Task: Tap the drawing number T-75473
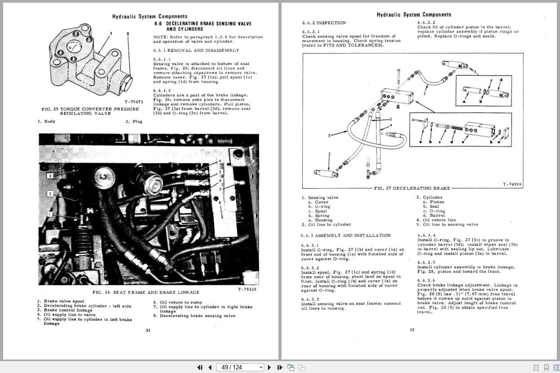[x=134, y=102]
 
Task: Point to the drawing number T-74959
[x=512, y=184]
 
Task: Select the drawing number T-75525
[x=247, y=289]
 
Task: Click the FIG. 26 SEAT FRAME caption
[x=145, y=292]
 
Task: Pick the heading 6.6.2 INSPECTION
[x=324, y=23]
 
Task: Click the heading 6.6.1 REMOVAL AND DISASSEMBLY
[x=196, y=50]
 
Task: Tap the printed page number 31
[x=148, y=330]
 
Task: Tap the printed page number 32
[x=412, y=330]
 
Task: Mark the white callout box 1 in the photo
[x=50, y=214]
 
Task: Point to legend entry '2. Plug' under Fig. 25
[x=134, y=121]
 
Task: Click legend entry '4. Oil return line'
[x=436, y=220]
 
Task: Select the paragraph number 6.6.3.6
[x=426, y=280]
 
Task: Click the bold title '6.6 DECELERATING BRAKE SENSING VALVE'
[x=203, y=23]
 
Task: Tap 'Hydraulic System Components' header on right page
[x=413, y=15]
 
